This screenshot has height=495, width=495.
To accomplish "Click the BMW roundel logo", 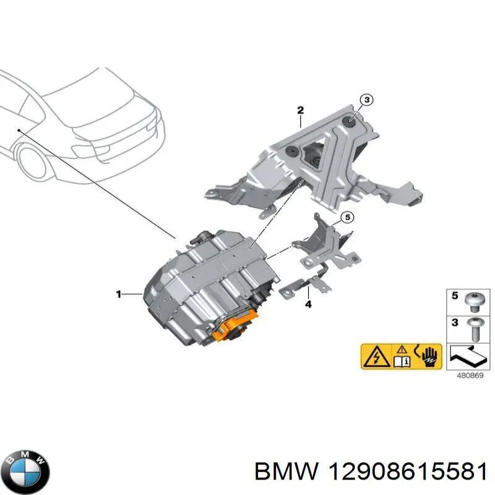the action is (28, 471).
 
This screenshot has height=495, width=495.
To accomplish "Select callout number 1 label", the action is (118, 295).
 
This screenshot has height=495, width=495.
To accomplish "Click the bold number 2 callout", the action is (300, 110).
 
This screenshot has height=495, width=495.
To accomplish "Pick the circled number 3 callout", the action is (366, 100).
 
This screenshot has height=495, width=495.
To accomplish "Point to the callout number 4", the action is (308, 304).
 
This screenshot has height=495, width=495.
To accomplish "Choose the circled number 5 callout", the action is (348, 218).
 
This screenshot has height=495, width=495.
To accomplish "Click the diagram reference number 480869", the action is (470, 376).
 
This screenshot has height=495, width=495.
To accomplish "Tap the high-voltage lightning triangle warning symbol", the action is (376, 358).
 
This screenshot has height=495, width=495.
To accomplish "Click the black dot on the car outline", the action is (19, 130).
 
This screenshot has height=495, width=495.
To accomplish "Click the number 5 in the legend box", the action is (455, 296).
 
